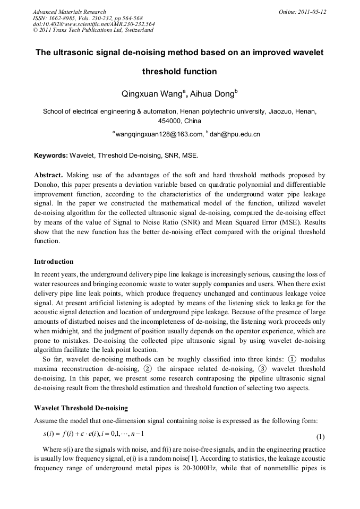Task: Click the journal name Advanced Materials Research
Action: tap(69, 12)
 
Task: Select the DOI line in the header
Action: tap(93, 24)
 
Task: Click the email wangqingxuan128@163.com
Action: tap(159, 134)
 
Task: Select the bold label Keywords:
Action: tap(50, 156)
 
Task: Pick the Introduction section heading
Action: tap(54, 262)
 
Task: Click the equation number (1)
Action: tap(320, 437)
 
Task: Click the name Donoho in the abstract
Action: tap(48, 184)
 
